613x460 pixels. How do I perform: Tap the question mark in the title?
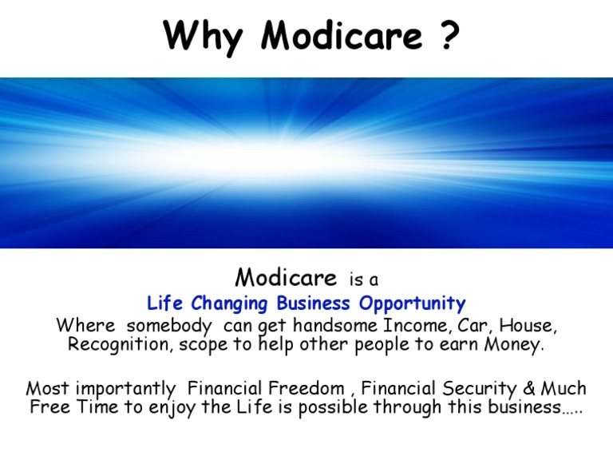tap(449, 36)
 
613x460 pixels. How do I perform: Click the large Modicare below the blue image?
tap(286, 278)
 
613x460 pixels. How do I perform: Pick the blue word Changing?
tap(228, 303)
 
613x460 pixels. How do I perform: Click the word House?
tap(527, 326)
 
